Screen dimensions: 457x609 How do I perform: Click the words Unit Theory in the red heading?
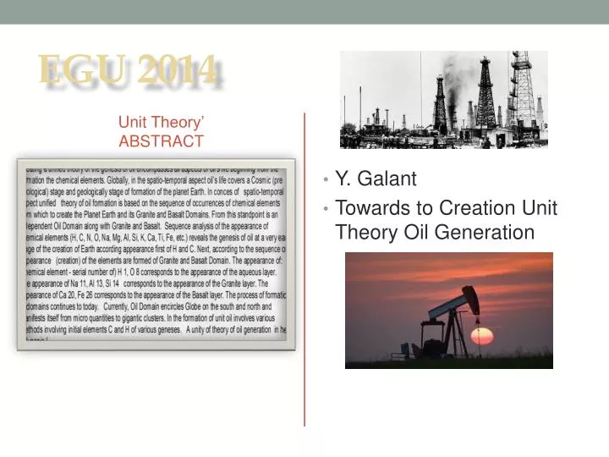157,124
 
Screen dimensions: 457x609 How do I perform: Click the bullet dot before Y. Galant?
326,179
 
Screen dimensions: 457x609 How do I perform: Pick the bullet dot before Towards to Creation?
326,209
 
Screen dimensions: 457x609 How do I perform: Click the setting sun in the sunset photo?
481,336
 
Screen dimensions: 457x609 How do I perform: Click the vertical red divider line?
304,271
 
